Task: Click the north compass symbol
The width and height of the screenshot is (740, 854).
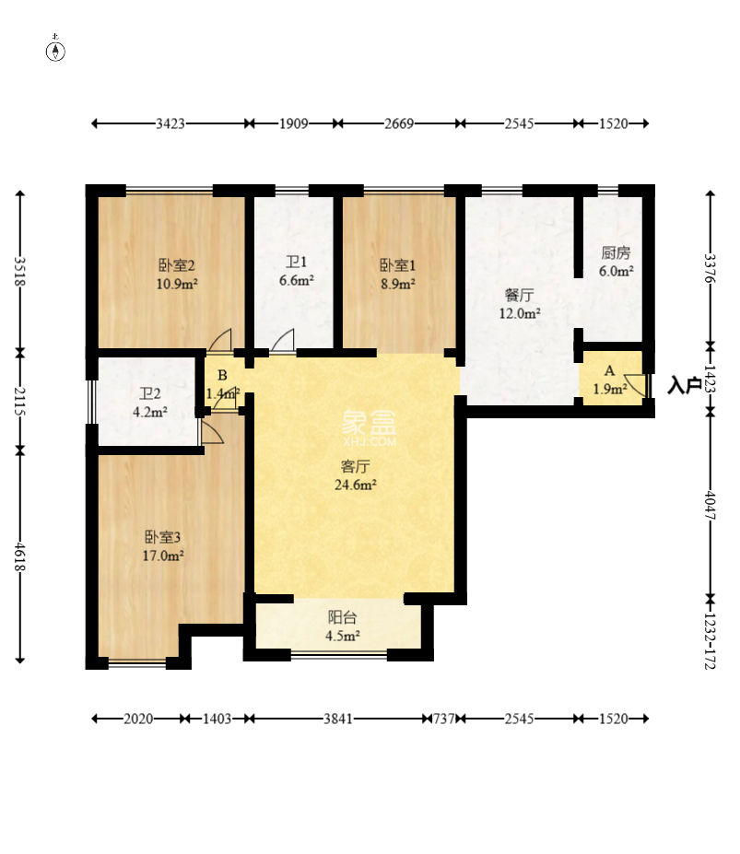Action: pos(55,49)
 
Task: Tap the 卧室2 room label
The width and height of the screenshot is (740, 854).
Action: pos(177,265)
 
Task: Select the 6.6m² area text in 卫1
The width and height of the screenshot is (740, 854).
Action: pos(297,280)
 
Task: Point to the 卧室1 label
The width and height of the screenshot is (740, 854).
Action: pos(398,265)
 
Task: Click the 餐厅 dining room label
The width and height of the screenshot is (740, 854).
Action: pos(520,295)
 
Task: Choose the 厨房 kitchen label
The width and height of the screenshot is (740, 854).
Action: pos(616,252)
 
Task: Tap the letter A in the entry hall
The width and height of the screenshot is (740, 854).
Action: pos(610,371)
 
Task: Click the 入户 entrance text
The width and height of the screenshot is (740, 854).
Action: pos(685,385)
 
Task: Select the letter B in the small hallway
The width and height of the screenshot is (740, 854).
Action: pos(222,375)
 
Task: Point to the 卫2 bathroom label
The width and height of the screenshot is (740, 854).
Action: pos(150,393)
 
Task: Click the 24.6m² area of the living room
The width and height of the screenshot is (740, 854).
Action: pos(356,485)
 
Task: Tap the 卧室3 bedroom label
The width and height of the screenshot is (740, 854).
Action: pos(162,538)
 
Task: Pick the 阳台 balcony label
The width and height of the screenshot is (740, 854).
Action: pos(342,617)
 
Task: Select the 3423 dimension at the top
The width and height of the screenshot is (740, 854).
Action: pos(170,123)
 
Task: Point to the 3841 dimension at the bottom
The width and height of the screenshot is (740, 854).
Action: pos(338,719)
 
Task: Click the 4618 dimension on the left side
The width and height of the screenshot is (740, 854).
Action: pos(19,556)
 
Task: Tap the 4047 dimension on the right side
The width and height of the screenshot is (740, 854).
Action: pos(710,506)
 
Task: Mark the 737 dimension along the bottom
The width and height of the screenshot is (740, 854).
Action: pos(444,719)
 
